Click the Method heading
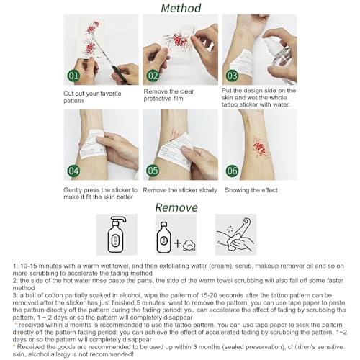181,8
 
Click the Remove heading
176,207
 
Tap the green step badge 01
73,76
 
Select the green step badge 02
153,76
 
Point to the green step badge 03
232,76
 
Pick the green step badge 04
73,171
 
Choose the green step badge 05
153,171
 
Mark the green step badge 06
232,171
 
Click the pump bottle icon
117,235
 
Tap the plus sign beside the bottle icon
178,243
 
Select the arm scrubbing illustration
235,235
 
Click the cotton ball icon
189,245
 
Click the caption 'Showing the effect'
251,190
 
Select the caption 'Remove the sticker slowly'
180,190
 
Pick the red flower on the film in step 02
179,40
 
